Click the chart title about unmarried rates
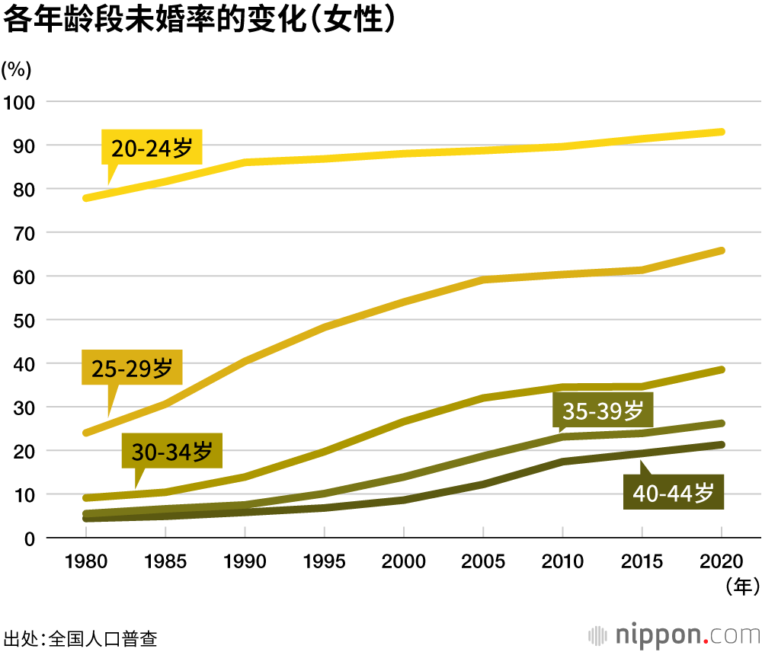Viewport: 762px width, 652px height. tap(200, 21)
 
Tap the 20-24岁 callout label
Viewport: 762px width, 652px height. tap(152, 148)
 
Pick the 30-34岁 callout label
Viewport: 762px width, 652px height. tap(171, 452)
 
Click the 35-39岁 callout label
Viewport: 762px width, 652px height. tap(603, 411)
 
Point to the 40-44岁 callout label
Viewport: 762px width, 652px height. tap(673, 493)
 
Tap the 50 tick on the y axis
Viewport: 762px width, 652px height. tap(23, 320)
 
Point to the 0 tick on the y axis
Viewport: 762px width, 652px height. tap(29, 539)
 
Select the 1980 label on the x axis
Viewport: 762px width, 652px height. tap(86, 562)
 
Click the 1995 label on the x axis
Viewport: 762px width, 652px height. tap(324, 562)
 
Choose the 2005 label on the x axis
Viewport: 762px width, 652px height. tap(483, 562)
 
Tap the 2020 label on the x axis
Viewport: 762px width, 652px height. tap(721, 562)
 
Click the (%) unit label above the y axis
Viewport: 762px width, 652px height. tap(16, 69)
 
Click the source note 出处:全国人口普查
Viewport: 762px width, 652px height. tap(81, 637)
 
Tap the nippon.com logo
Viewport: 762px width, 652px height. tap(674, 634)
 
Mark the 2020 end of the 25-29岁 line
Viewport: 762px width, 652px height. tap(720, 251)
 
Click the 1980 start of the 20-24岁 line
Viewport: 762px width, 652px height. tap(86, 198)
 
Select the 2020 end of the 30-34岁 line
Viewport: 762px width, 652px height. tap(720, 370)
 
